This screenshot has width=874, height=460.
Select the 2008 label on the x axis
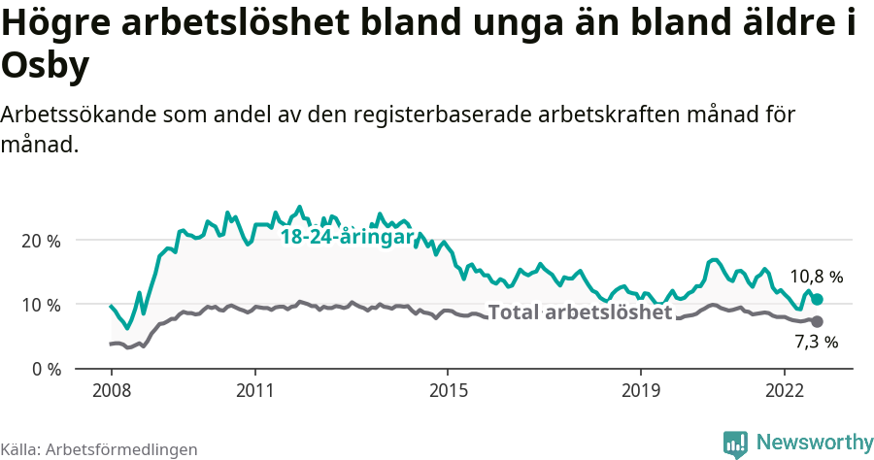point(111,390)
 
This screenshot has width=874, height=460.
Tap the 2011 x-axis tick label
point(254,390)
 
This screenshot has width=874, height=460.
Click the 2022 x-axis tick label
point(785,390)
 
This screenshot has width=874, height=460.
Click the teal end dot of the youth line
point(817,300)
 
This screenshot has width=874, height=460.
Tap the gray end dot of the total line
point(817,321)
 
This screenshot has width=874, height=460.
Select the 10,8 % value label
point(816,277)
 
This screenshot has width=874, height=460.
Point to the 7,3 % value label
point(816,342)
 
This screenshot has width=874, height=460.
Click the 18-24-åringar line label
point(346,237)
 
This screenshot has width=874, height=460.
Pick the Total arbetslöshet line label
point(580,312)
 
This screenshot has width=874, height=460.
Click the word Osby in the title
point(46,66)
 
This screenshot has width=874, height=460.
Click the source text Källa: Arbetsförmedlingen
point(99,449)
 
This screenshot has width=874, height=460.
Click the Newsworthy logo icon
point(735,444)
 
